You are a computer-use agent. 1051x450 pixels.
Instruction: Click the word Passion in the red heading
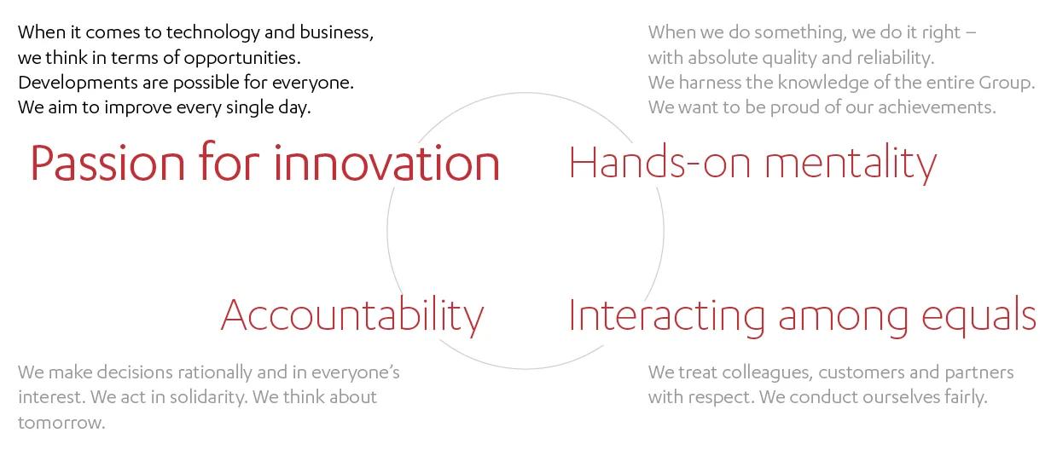[107, 163]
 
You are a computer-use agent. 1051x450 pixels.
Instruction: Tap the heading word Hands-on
[660, 162]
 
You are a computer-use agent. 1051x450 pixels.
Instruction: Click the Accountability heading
[352, 315]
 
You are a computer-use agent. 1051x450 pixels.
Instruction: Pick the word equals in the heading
[978, 316]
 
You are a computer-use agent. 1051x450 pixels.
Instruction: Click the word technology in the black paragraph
[213, 32]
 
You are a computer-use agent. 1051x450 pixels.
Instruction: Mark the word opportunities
[242, 58]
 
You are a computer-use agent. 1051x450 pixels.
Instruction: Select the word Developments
[78, 83]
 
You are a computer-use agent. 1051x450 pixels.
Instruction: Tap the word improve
[132, 107]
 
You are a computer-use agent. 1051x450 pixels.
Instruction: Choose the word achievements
[937, 107]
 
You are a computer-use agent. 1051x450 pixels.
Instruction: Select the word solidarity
[208, 397]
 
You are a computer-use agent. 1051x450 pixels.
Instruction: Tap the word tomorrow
[61, 423]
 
